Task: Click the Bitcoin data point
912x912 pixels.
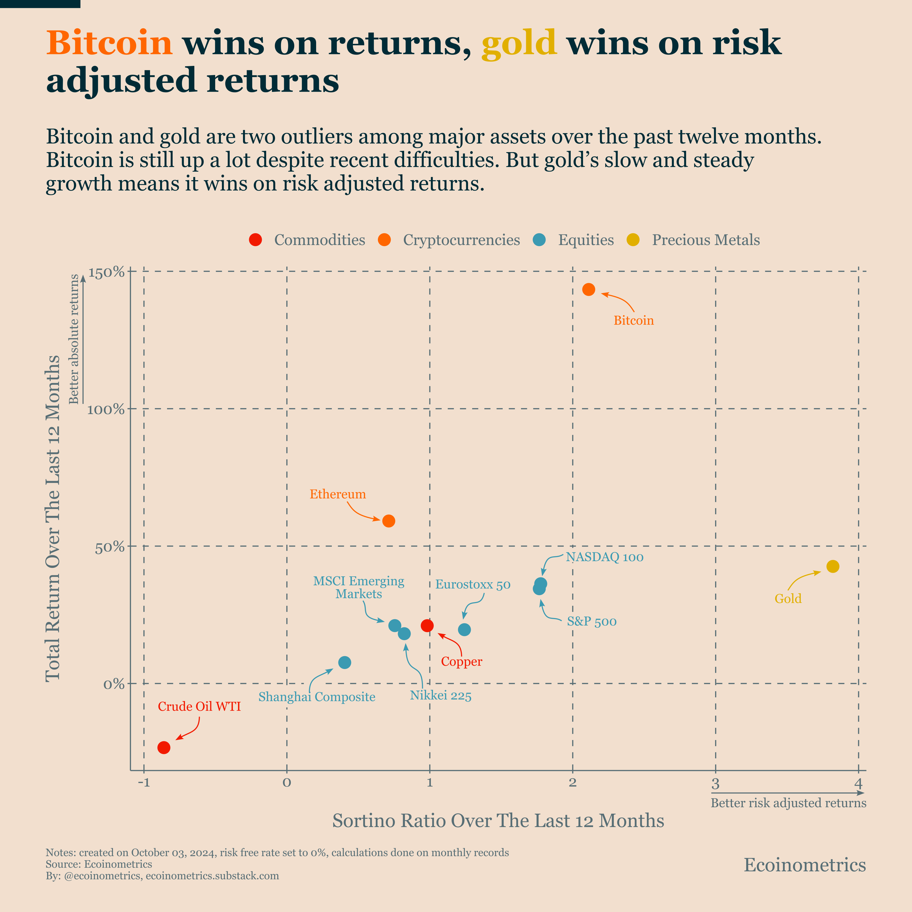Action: pyautogui.click(x=589, y=289)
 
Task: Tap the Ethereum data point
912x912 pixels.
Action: pyautogui.click(x=388, y=521)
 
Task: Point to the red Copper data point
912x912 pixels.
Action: pyautogui.click(x=427, y=626)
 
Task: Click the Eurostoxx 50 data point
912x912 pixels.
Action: pyautogui.click(x=465, y=630)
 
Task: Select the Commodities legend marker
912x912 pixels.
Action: pyautogui.click(x=255, y=240)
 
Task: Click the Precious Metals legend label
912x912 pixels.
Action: pyautogui.click(x=706, y=240)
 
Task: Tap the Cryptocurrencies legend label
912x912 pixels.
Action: pyautogui.click(x=461, y=240)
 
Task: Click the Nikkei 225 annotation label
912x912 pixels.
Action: pyautogui.click(x=440, y=696)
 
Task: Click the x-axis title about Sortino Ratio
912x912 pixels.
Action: pyautogui.click(x=498, y=821)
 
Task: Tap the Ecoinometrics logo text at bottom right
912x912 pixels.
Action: pyautogui.click(x=805, y=865)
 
